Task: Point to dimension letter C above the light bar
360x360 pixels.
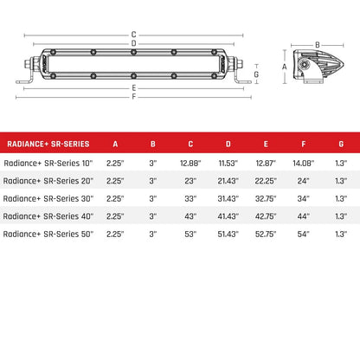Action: (133, 35)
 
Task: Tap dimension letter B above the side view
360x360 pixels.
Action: (317, 44)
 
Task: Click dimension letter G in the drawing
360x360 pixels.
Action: (257, 75)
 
